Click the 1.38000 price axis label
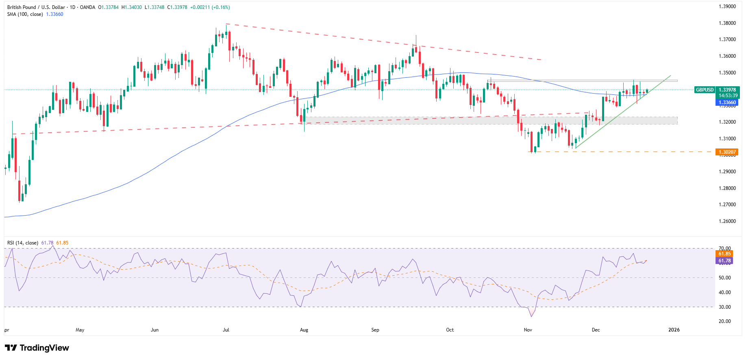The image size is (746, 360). (727, 23)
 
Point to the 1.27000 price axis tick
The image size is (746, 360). (727, 205)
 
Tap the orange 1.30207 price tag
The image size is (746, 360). (727, 152)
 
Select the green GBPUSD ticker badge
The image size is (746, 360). (705, 90)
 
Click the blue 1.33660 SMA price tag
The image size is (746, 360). (727, 103)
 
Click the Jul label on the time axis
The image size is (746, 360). (226, 330)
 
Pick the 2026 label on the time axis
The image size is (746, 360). (674, 330)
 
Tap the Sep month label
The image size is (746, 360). (375, 330)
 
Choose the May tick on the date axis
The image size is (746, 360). (80, 330)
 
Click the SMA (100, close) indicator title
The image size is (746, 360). (25, 14)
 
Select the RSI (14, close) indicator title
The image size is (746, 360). (23, 243)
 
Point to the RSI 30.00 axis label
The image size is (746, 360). (724, 307)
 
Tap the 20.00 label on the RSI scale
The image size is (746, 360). (724, 321)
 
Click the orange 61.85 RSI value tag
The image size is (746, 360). (724, 254)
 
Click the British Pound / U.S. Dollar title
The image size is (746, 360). (36, 7)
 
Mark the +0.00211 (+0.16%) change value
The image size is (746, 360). (210, 7)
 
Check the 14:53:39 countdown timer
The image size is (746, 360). (728, 96)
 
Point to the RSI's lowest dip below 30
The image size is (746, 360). (531, 316)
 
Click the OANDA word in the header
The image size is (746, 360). (87, 7)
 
